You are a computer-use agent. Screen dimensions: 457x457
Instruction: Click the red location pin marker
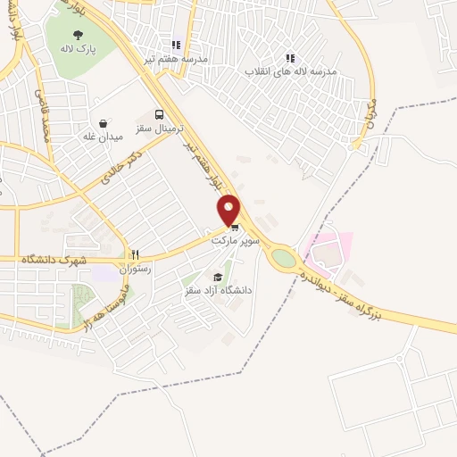229,211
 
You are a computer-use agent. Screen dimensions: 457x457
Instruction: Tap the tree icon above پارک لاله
80,35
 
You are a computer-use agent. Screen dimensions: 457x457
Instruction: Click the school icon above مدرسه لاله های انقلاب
289,57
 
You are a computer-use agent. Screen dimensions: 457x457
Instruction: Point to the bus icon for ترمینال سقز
159,114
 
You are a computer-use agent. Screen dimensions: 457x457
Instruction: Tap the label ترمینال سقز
158,129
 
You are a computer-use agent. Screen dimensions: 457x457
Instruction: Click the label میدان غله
102,137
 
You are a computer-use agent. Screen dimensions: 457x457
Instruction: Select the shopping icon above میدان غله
103,123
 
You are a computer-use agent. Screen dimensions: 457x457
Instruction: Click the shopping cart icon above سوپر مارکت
234,228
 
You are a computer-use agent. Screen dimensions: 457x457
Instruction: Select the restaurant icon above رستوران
136,254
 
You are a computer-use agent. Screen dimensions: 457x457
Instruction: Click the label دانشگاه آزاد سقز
217,291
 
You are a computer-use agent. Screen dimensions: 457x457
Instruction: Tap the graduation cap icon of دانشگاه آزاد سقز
218,278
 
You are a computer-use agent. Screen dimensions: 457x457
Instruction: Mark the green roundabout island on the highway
284,258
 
